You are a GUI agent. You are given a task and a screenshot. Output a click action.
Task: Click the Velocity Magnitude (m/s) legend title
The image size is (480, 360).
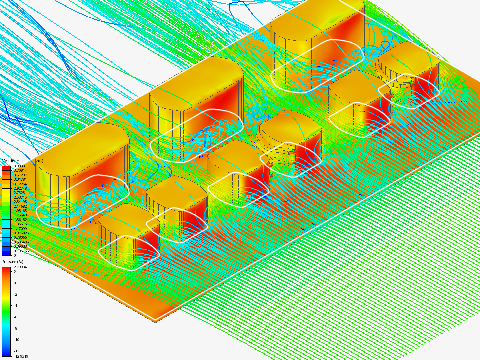[23, 161]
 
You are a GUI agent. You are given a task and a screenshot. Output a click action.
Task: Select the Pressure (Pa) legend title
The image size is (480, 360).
[13, 262]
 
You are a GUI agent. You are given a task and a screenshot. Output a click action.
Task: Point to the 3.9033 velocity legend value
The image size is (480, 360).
[19, 166]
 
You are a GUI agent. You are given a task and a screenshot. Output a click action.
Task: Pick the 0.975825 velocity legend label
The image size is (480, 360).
[21, 233]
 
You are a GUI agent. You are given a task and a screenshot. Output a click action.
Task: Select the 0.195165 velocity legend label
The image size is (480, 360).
[21, 251]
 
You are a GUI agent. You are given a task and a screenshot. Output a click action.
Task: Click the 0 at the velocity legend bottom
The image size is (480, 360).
[15, 255]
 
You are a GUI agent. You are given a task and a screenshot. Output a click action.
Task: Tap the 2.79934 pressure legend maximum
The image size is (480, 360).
[20, 267]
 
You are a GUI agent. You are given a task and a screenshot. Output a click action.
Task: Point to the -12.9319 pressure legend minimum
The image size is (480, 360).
[21, 357]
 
